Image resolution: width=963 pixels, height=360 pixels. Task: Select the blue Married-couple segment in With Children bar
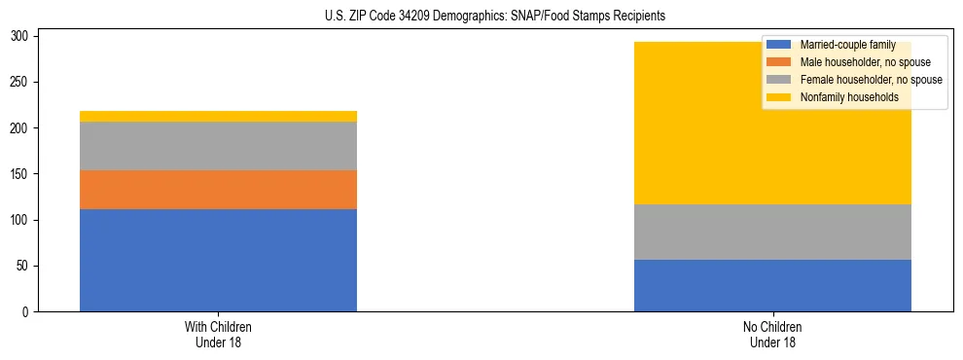click(x=218, y=260)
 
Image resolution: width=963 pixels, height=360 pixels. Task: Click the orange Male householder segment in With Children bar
click(x=218, y=190)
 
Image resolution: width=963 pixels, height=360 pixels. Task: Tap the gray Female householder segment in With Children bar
click(x=218, y=146)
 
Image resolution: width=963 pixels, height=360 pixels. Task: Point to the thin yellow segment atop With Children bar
click(x=218, y=117)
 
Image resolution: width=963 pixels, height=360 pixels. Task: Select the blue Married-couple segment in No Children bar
click(x=772, y=285)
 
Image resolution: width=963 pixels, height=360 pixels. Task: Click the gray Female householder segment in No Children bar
click(x=772, y=232)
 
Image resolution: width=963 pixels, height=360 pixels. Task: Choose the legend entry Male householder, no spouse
click(x=851, y=62)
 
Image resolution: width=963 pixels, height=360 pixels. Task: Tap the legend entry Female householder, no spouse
click(x=856, y=80)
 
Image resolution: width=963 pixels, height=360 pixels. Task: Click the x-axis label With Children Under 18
click(x=218, y=334)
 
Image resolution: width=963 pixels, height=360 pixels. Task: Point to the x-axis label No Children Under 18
click(x=772, y=334)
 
